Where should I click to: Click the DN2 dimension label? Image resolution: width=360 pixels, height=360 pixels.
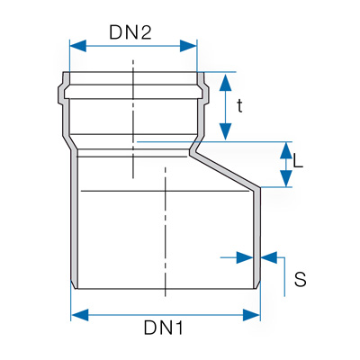tap(130, 32)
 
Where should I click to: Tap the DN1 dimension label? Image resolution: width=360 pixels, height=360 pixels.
tap(164, 328)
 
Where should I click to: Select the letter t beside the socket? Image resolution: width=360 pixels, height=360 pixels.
tap(239, 106)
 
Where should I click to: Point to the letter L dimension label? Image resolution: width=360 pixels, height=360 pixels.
tap(298, 160)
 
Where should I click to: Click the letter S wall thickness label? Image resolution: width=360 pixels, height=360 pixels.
tap(301, 279)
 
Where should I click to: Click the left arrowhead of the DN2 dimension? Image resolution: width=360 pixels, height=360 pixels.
tap(78, 46)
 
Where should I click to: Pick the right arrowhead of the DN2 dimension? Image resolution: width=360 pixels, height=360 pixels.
tap(188, 46)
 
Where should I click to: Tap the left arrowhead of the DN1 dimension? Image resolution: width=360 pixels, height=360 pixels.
tap(80, 315)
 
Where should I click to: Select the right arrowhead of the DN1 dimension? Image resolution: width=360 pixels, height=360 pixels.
tap(251, 315)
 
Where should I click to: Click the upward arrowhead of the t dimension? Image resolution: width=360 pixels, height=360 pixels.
tap(225, 82)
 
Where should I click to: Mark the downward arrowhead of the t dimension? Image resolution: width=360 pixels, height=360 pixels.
tap(225, 131)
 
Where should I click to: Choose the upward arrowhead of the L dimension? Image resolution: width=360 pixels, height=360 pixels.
tap(286, 150)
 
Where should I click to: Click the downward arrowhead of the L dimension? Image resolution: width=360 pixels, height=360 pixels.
tap(286, 178)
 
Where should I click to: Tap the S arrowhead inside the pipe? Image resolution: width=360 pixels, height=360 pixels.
tap(245, 257)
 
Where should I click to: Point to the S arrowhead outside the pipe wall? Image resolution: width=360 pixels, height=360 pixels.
tap(269, 257)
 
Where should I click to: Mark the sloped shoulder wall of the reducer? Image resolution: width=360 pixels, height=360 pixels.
tap(225, 170)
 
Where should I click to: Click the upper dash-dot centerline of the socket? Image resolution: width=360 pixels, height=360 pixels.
tap(133, 119)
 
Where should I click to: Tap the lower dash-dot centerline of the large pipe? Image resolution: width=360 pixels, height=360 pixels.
tap(165, 231)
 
